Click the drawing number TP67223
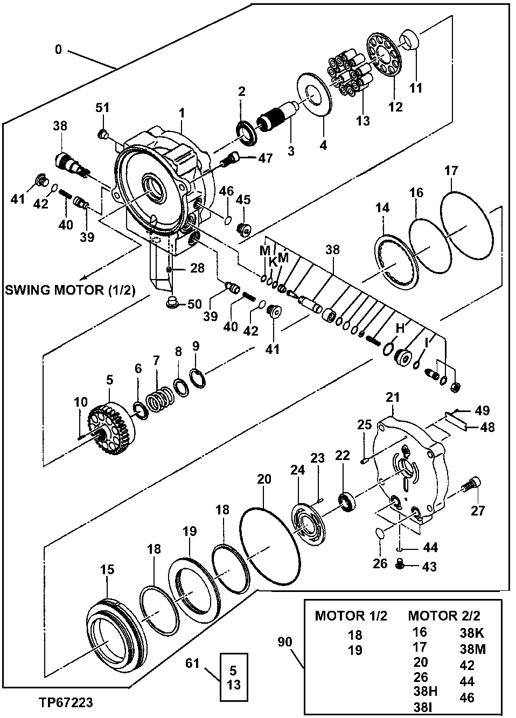click(65, 703)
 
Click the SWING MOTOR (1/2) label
click(69, 290)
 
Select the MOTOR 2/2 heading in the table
click(444, 616)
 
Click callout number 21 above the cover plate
click(394, 398)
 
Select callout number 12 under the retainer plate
click(395, 107)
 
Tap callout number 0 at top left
click(58, 50)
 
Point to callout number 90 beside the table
click(285, 643)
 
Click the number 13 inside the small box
click(233, 686)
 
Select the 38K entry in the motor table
click(472, 633)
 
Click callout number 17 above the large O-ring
click(451, 171)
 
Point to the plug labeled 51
click(101, 134)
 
